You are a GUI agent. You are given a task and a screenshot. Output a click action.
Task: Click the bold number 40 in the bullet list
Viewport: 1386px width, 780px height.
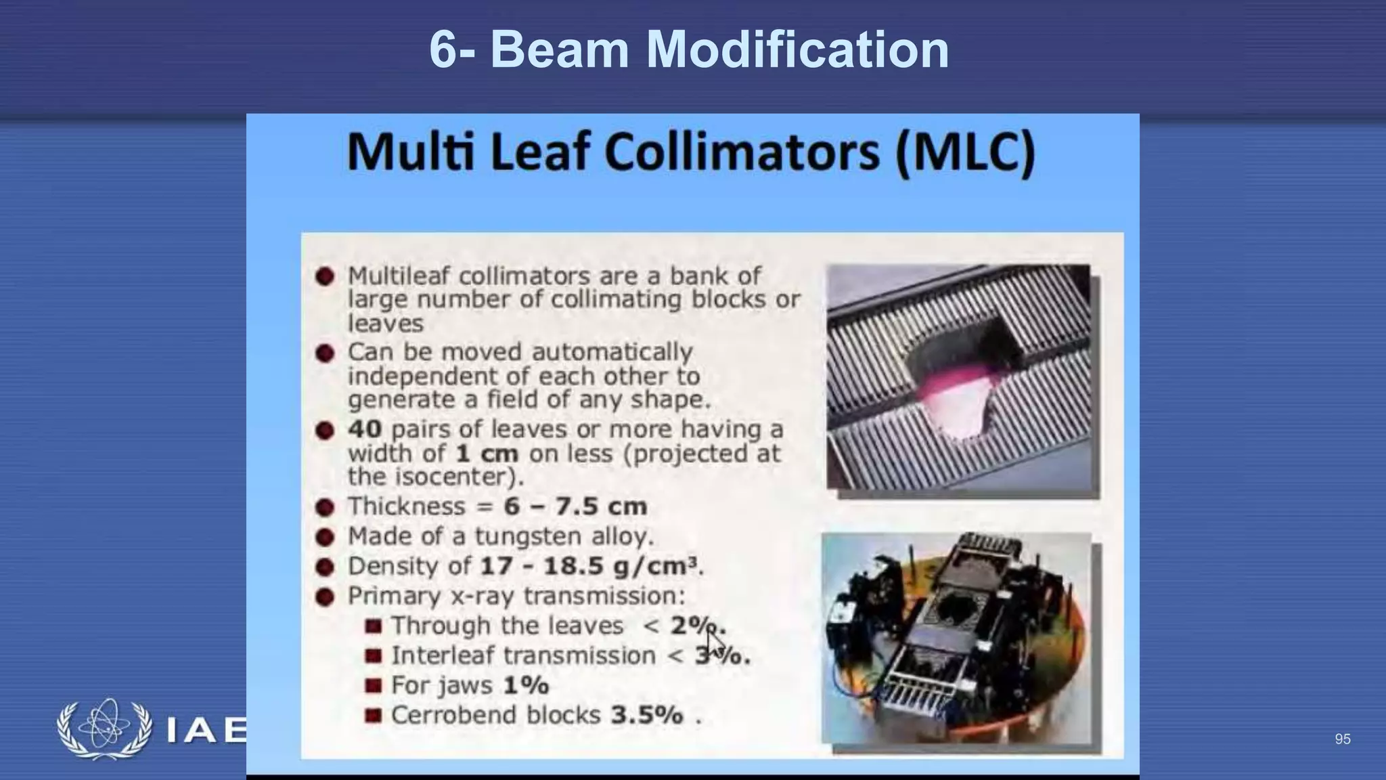coord(365,429)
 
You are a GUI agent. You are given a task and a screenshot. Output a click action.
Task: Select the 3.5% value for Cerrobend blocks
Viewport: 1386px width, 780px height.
coord(647,715)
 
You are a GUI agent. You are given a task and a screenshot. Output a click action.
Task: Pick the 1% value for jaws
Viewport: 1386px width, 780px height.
coord(526,685)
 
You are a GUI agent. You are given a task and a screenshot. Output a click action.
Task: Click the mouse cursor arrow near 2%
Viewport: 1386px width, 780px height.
coord(715,640)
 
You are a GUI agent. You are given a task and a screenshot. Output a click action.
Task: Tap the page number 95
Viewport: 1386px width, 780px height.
coord(1343,739)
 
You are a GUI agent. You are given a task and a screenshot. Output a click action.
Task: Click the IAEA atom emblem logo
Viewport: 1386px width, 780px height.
coord(104,729)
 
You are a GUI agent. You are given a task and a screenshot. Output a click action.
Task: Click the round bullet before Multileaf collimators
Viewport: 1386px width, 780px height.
coord(325,276)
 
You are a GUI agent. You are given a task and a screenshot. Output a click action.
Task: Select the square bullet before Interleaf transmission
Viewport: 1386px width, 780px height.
coord(373,655)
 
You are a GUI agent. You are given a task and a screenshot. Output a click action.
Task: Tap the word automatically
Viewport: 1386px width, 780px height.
coord(612,352)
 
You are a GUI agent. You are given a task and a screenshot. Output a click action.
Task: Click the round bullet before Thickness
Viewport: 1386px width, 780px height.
coord(325,507)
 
